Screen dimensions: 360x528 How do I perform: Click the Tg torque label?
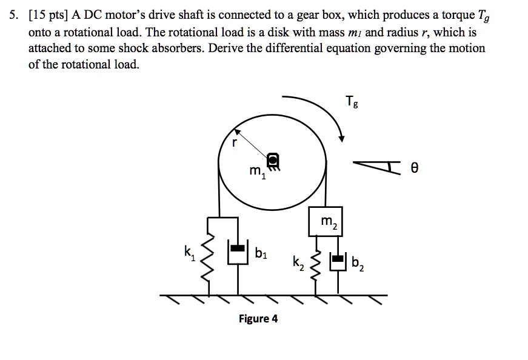(x=351, y=101)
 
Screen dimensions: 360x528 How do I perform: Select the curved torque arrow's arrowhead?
(x=343, y=138)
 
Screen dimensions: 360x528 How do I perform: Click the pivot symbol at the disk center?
(x=273, y=161)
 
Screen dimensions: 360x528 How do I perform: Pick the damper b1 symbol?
(x=237, y=250)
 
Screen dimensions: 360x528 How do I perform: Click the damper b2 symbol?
(x=338, y=260)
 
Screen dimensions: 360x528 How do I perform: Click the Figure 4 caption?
(x=258, y=318)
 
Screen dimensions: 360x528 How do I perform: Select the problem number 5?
(x=13, y=16)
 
